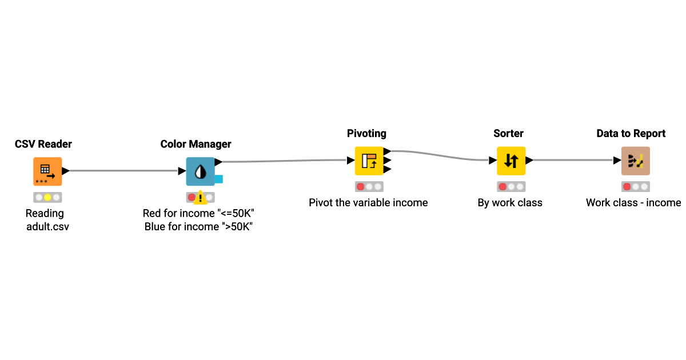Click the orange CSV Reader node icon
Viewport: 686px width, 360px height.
point(47,171)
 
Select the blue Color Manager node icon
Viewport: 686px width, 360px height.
point(200,171)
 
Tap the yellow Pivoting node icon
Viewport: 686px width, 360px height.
point(369,161)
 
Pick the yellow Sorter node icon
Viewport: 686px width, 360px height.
point(510,161)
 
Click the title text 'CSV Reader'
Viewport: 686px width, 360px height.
point(43,144)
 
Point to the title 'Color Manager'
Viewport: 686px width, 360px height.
point(196,144)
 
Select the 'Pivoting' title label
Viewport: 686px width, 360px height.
point(366,133)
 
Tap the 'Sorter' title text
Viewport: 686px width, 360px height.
point(508,133)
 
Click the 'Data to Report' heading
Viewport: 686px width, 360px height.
point(631,133)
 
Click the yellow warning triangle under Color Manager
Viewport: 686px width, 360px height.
point(201,198)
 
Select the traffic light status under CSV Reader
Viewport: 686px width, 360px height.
point(47,197)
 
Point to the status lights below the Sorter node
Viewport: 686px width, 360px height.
point(510,186)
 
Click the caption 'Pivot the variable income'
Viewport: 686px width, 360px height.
point(368,203)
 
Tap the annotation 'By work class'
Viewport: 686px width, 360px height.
point(510,203)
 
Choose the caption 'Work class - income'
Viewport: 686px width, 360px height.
point(633,203)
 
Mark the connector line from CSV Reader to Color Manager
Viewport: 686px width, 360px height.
point(123,171)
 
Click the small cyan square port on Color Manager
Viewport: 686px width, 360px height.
point(218,179)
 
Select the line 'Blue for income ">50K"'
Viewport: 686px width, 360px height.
point(198,227)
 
